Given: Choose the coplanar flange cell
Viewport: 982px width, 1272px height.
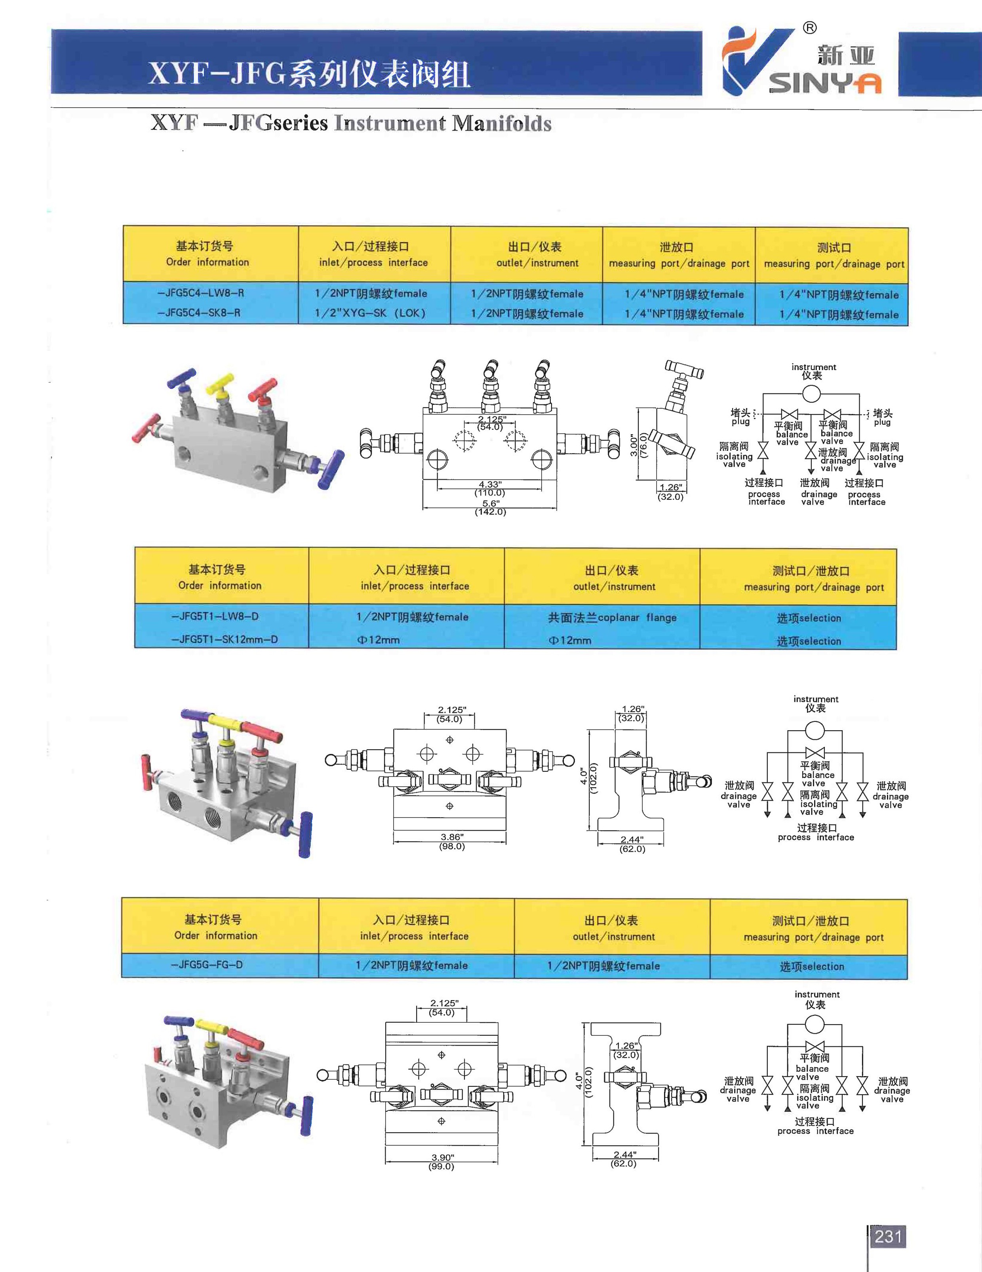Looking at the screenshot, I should point(612,617).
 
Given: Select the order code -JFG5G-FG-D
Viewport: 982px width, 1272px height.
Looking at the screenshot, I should point(206,965).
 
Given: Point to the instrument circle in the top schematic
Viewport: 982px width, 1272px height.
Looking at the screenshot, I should point(811,394).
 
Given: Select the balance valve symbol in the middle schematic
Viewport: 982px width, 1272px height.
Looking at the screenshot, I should point(815,752).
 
